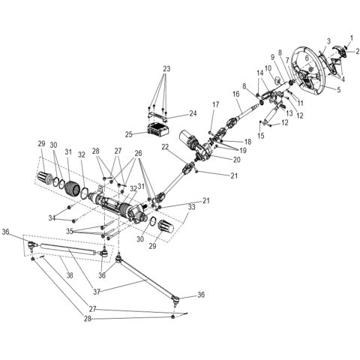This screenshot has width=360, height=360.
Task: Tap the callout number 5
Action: pyautogui.click(x=338, y=88)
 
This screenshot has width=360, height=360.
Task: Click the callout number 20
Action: pyautogui.click(x=237, y=159)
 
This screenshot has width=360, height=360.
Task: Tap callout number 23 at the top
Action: pyautogui.click(x=166, y=68)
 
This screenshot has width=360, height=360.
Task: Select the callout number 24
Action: pyautogui.click(x=192, y=115)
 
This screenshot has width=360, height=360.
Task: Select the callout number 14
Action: pyautogui.click(x=260, y=73)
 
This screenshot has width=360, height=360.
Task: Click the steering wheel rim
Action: pyautogui.click(x=300, y=58)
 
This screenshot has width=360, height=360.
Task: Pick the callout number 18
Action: pyautogui.click(x=247, y=142)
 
